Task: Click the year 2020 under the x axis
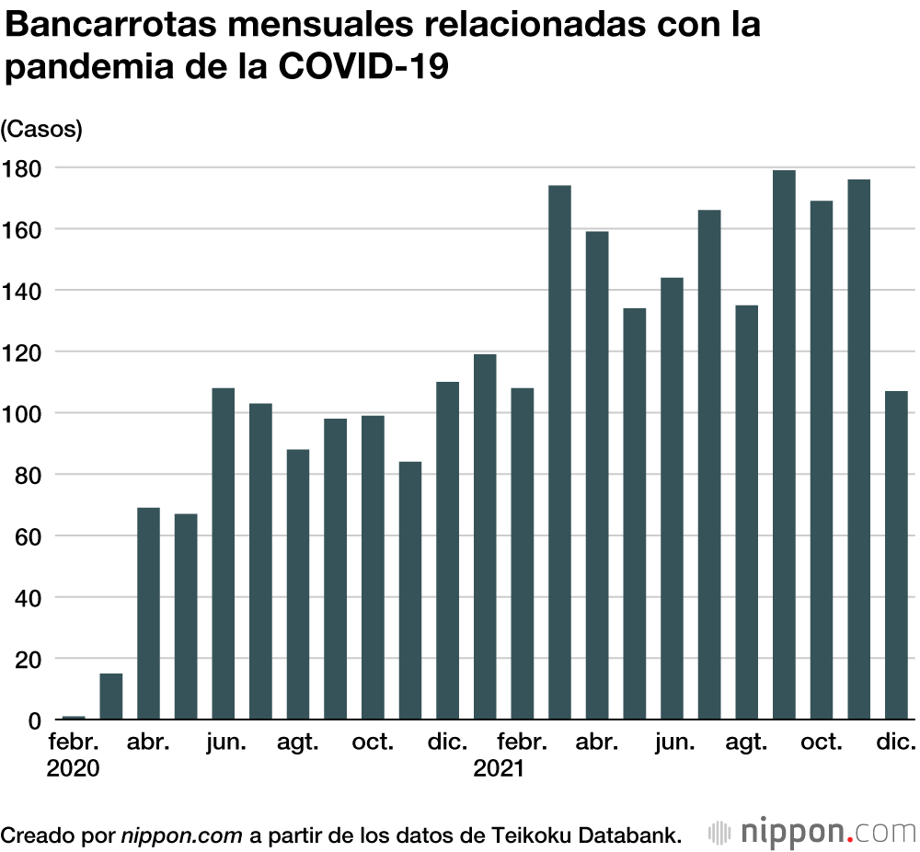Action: click(73, 768)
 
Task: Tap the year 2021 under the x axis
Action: click(499, 768)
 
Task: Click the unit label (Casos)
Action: click(41, 130)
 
